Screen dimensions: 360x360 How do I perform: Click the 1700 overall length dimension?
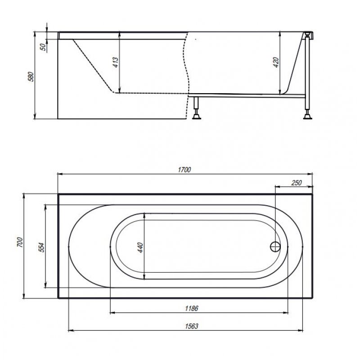[x=184, y=170]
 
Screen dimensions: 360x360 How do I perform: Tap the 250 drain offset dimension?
[x=296, y=183]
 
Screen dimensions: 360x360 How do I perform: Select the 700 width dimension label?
[x=20, y=242]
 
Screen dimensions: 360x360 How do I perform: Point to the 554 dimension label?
[x=41, y=247]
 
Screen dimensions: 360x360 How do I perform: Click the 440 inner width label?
[x=140, y=247]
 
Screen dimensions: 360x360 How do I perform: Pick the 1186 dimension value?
[x=192, y=308]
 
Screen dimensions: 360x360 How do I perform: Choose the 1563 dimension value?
[x=192, y=326]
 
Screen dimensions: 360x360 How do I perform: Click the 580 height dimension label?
[x=31, y=76]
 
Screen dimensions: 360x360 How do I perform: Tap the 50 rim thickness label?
[x=43, y=47]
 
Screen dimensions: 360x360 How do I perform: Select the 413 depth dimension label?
[x=116, y=62]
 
